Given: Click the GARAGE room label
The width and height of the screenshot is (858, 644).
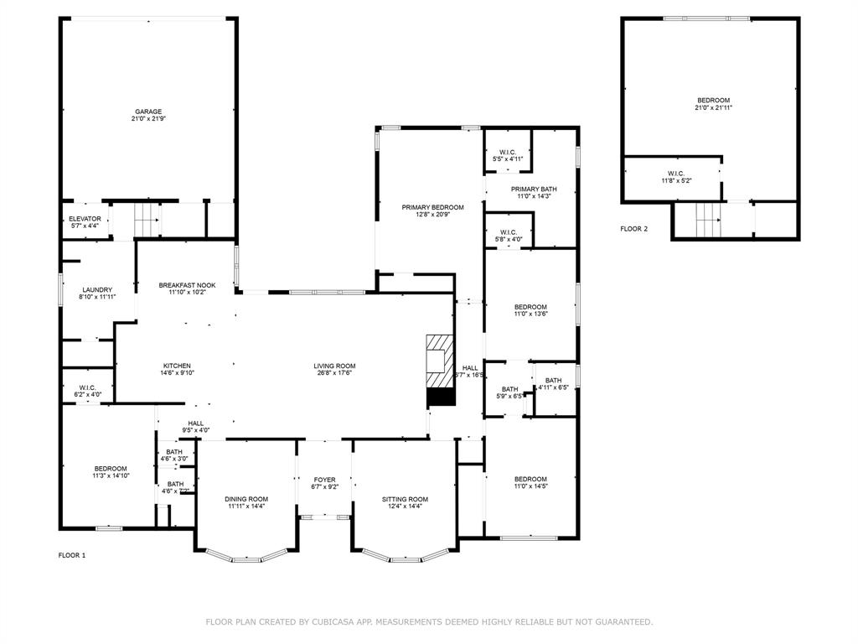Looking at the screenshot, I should pos(149,112).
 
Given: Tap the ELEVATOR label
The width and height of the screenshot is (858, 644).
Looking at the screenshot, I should pos(85,219).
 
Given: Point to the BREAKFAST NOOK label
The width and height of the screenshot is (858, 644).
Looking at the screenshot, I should pos(187,285).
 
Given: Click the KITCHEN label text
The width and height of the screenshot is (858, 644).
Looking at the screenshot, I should pos(177,366).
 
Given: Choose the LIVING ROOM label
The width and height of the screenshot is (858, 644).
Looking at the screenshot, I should pos(335,366).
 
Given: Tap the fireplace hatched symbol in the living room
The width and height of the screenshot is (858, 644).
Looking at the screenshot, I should pos(439,370).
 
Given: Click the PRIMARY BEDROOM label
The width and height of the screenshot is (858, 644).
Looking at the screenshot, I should pos(432,207).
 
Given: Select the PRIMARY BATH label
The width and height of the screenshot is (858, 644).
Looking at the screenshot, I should pos(534,190).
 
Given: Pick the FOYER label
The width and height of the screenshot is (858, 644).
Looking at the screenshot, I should pos(324,480).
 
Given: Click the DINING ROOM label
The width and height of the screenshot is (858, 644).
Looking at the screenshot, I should pos(246,499).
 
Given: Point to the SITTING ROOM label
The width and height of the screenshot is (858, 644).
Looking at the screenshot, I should pos(405,499).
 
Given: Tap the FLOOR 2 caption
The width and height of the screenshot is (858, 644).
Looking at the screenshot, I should pos(633,229).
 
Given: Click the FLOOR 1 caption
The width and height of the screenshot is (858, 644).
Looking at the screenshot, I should pos(71,555).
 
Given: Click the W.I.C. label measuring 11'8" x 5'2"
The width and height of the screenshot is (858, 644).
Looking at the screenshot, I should pos(676,174).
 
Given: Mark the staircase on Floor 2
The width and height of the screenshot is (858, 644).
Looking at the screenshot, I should pos(708,221).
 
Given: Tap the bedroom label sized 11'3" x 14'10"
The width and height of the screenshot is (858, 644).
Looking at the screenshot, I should pos(111,469).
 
